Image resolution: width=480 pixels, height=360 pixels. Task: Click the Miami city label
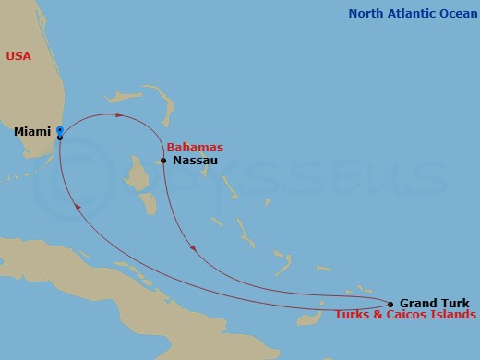[x=31, y=132]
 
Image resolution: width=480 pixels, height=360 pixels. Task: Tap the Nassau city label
[x=195, y=161]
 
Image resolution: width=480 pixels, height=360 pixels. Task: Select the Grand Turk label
[x=434, y=303]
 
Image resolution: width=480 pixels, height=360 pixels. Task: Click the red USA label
[x=18, y=56]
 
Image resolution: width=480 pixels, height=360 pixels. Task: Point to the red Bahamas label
[x=195, y=148]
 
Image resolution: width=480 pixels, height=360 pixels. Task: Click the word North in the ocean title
[x=366, y=13]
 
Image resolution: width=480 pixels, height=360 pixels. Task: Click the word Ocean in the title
[x=454, y=13]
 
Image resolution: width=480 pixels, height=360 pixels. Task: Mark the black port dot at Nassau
[x=163, y=161]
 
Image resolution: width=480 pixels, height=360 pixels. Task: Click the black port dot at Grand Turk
[x=390, y=304]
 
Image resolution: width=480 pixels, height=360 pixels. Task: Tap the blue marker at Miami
[x=59, y=130]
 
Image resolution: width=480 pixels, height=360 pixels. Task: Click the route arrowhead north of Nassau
[x=119, y=115]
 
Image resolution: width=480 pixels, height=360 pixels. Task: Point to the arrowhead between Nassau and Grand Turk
[x=192, y=246]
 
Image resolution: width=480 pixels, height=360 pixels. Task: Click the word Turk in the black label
[x=455, y=303]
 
